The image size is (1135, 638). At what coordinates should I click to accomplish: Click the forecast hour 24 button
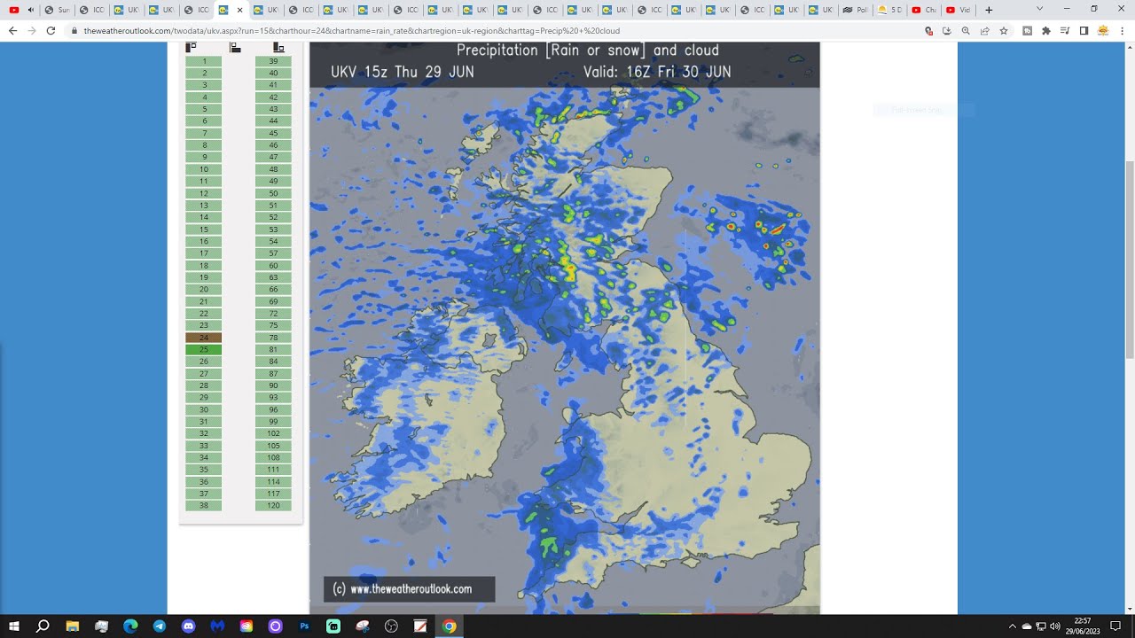click(204, 338)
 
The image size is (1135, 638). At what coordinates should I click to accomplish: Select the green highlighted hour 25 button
click(204, 350)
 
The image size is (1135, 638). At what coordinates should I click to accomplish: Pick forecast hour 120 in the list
click(273, 506)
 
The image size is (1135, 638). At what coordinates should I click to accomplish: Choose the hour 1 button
click(204, 61)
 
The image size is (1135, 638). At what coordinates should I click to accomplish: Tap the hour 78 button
click(273, 338)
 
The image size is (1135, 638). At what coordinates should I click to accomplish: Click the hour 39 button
click(273, 61)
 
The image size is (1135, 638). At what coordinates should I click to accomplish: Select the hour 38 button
click(204, 506)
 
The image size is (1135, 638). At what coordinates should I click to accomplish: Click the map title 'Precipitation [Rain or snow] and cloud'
click(587, 51)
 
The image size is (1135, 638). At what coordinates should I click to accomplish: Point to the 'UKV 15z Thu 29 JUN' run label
click(403, 72)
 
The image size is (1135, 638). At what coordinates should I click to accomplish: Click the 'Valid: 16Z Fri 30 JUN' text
click(657, 72)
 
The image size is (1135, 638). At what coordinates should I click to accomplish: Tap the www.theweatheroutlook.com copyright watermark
click(410, 588)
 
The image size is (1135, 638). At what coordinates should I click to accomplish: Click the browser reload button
click(51, 30)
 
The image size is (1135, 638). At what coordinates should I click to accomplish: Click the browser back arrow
click(12, 30)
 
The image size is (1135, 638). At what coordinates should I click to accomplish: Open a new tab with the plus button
click(989, 10)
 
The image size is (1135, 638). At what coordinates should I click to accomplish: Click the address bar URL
click(355, 30)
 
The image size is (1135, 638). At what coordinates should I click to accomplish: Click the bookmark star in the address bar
click(1004, 30)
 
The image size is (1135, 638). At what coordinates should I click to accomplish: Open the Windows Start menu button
click(14, 626)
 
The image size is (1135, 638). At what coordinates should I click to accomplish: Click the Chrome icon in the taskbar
click(450, 626)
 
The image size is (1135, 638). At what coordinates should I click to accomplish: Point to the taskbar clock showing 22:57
click(1083, 626)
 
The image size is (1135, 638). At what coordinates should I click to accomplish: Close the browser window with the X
click(1121, 9)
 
